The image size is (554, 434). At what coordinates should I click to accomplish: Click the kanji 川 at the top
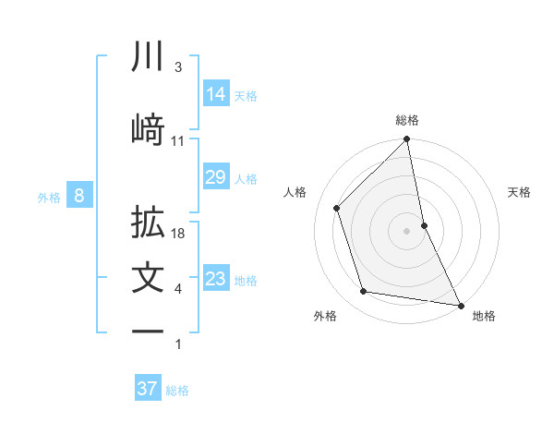(149, 57)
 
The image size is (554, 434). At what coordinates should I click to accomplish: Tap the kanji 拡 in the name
(149, 223)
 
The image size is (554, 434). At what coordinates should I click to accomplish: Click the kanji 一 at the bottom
(149, 331)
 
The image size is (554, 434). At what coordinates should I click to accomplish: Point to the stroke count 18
(179, 234)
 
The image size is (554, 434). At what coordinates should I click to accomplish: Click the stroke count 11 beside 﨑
(178, 140)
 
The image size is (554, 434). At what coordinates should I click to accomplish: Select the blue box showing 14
(216, 93)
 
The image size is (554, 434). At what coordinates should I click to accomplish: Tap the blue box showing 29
(216, 177)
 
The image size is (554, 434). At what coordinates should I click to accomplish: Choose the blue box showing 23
(216, 279)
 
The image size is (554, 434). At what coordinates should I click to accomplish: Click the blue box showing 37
(148, 389)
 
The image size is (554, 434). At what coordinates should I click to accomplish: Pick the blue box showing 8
(80, 195)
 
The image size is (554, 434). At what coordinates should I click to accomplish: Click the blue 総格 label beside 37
(178, 391)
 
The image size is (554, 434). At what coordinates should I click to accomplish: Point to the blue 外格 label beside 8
(49, 197)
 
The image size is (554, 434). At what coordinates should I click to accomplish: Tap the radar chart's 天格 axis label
(520, 192)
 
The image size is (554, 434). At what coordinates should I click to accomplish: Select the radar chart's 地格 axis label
(484, 316)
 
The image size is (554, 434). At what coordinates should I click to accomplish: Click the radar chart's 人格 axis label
(295, 192)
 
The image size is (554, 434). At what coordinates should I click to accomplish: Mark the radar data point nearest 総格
(406, 140)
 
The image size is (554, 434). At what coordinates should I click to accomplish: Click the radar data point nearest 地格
(460, 305)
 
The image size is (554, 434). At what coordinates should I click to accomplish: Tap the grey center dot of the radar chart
(406, 231)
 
